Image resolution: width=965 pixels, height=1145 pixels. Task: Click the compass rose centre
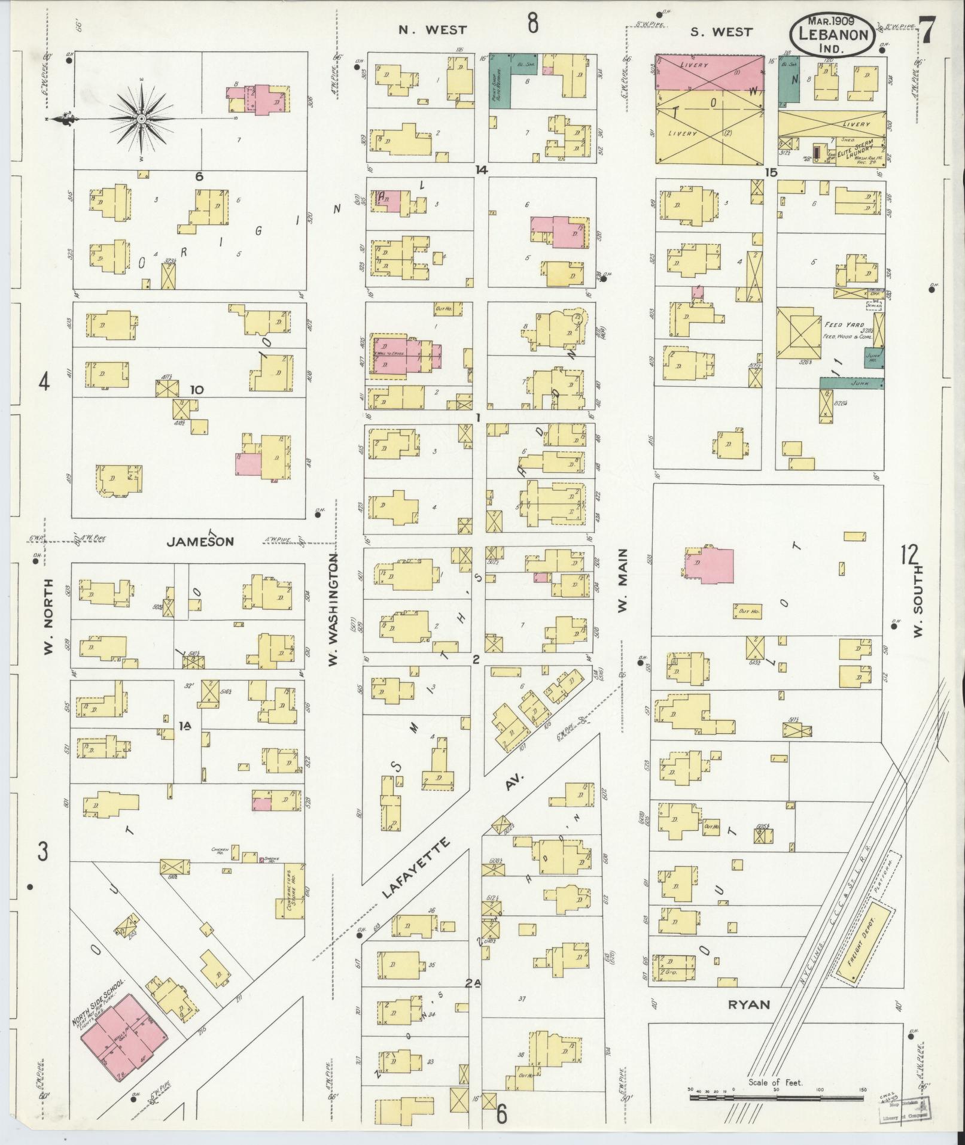(141, 119)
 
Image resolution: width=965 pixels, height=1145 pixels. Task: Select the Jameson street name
(200, 542)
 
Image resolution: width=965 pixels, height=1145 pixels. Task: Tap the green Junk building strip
(851, 382)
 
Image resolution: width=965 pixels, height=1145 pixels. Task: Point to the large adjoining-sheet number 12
(909, 555)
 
